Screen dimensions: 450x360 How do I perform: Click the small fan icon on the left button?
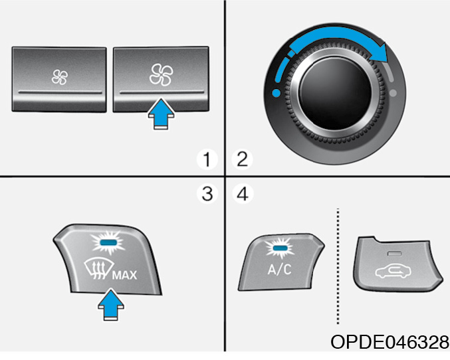click(60, 77)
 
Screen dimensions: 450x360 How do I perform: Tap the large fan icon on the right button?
click(162, 75)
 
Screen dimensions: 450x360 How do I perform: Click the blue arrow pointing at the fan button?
click(162, 114)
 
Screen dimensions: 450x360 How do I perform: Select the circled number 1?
click(207, 160)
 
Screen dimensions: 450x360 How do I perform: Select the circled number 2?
click(242, 160)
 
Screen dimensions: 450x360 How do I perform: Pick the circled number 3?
click(207, 194)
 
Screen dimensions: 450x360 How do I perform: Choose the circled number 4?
click(243, 194)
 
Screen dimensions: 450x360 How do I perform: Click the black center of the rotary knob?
click(335, 93)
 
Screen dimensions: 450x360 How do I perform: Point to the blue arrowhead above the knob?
click(378, 52)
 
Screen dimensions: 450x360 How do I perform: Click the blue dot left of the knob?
click(276, 93)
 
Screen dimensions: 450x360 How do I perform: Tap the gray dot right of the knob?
click(394, 93)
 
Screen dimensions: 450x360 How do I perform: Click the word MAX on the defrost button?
click(124, 275)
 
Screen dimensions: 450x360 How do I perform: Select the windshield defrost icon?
click(98, 269)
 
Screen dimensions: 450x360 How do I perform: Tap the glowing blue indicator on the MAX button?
click(108, 242)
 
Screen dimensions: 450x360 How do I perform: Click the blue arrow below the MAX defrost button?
click(111, 305)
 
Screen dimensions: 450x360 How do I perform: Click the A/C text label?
click(279, 269)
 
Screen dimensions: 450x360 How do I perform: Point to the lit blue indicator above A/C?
click(280, 248)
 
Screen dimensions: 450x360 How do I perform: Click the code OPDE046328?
click(390, 342)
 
